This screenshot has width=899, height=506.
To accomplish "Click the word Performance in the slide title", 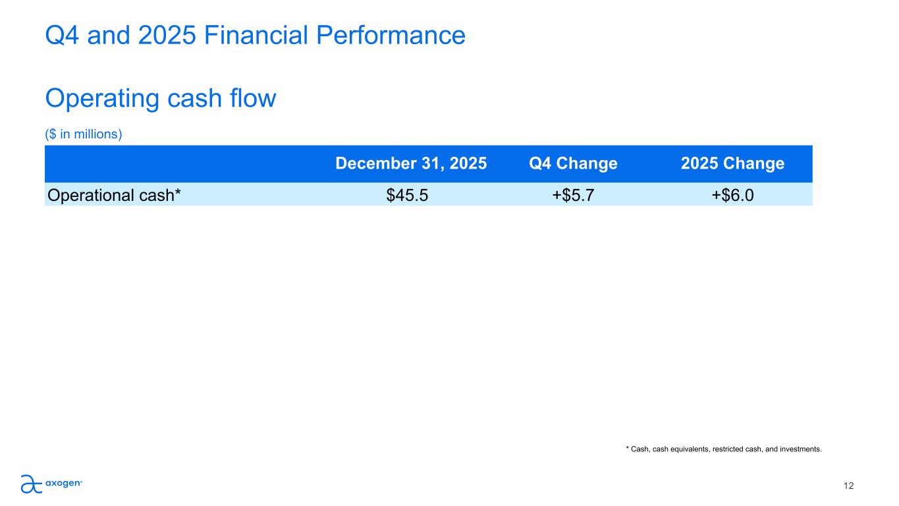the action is coord(391,35).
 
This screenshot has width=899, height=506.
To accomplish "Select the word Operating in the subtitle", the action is coord(102,99).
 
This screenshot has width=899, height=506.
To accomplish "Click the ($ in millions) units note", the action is coord(84,134).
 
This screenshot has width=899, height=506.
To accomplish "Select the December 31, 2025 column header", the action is coord(411,163).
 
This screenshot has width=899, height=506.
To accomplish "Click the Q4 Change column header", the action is coord(573,163).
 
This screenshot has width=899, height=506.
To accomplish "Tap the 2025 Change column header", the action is coord(732,163).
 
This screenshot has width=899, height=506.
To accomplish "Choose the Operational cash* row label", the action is coord(114,196).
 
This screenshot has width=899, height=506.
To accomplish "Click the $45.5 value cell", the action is coord(407,195).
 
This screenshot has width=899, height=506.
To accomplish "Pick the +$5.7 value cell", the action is coord(573,195).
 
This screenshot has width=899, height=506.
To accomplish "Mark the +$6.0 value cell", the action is coord(732,195).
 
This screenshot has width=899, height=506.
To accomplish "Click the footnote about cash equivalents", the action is coord(724,449).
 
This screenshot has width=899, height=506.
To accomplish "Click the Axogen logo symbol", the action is coord(32,484).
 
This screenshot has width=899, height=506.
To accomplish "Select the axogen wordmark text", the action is coord(63,484).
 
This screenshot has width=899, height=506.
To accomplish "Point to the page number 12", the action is coord(848,486).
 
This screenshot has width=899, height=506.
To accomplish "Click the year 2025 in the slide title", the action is coord(167,35).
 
